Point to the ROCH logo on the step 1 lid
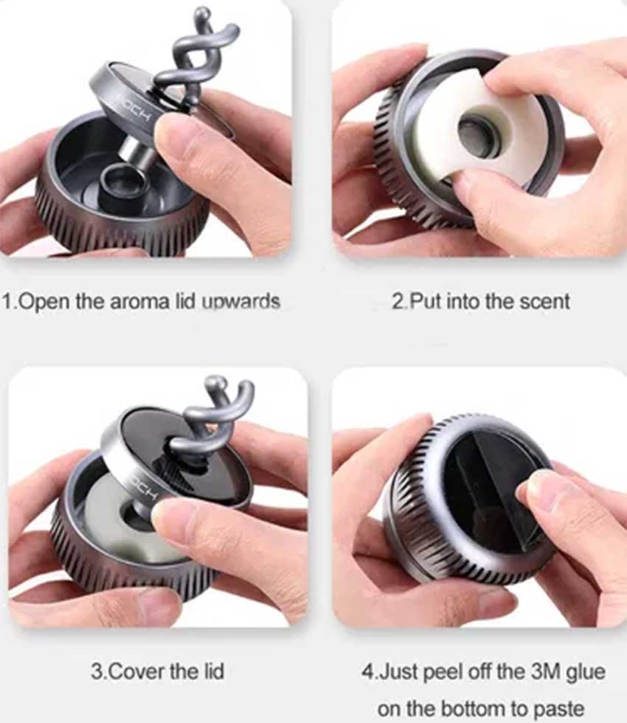134,108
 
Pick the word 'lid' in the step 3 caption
214,671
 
